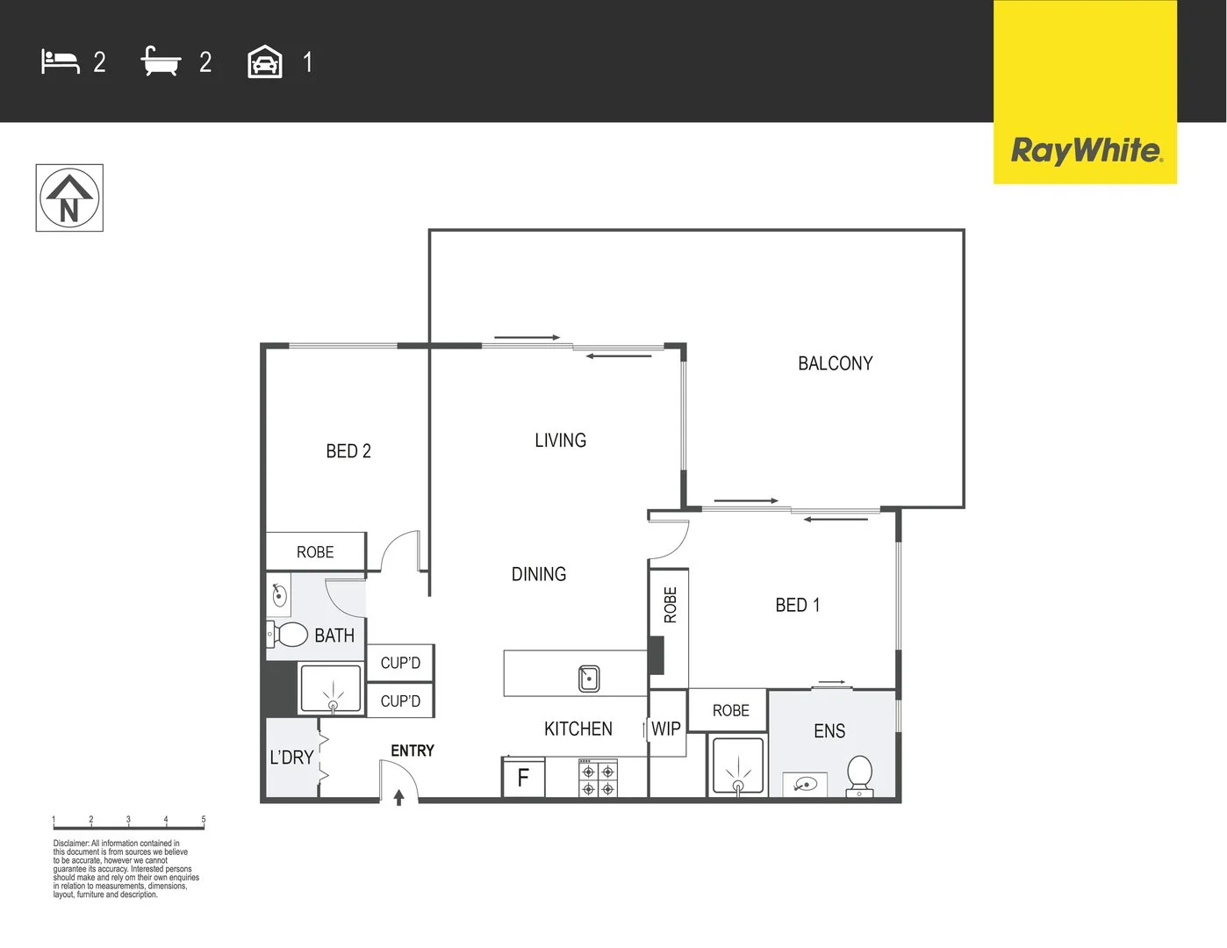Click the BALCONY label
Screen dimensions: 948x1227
click(x=835, y=363)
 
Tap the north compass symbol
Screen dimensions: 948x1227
click(x=69, y=198)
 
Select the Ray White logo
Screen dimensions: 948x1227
click(x=1086, y=150)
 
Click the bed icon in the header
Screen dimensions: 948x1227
click(x=60, y=61)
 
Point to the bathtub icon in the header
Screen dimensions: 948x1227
click(x=161, y=61)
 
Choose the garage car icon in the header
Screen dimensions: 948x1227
click(x=265, y=62)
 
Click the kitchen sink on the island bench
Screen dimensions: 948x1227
click(x=589, y=678)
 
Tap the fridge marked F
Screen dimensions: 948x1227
click(x=523, y=778)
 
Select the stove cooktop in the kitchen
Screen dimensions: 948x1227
click(x=598, y=779)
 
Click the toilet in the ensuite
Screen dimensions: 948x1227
click(x=859, y=776)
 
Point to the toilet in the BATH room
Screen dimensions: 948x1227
click(x=288, y=634)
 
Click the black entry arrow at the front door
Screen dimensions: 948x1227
click(x=398, y=797)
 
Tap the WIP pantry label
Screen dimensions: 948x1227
click(x=666, y=729)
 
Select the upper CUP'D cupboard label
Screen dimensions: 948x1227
click(x=400, y=663)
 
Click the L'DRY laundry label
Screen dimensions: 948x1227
click(x=291, y=757)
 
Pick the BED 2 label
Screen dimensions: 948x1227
click(x=348, y=451)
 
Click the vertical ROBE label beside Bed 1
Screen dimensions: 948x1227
click(x=671, y=606)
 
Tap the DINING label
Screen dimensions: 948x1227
click(x=539, y=574)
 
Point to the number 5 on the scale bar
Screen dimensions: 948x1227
click(x=204, y=819)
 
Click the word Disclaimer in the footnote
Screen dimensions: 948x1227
click(x=70, y=844)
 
